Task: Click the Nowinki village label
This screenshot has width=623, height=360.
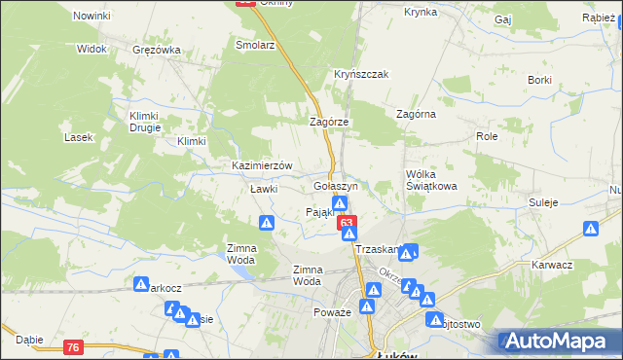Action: click(92, 17)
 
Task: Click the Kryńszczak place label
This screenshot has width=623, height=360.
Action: click(362, 75)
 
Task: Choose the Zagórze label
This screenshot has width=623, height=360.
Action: click(328, 122)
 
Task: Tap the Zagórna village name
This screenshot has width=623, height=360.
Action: click(416, 114)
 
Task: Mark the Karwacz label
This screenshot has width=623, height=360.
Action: click(551, 265)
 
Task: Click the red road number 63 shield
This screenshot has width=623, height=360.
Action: click(347, 223)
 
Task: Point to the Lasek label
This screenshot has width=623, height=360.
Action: click(78, 137)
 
